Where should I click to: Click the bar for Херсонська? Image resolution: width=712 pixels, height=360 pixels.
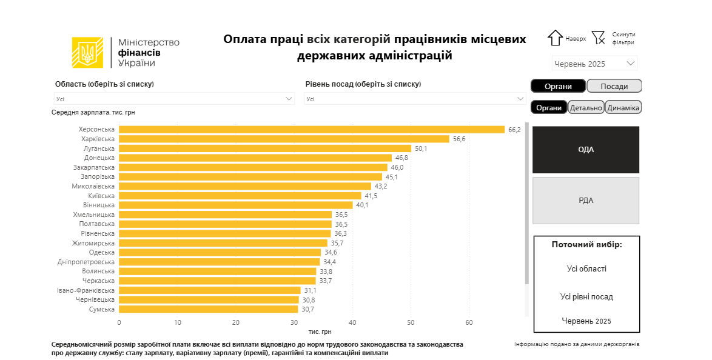click(312, 129)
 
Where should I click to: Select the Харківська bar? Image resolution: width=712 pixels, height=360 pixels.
click(284, 139)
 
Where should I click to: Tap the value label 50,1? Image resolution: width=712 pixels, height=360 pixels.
click(421, 148)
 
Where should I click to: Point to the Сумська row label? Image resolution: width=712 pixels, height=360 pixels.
click(102, 309)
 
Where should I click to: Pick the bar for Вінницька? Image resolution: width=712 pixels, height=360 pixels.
click(235, 205)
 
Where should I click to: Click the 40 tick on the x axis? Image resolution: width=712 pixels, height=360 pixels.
click(352, 322)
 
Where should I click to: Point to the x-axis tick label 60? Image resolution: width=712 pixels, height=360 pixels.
click(469, 322)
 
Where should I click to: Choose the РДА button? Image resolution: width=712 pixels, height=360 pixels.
click(585, 201)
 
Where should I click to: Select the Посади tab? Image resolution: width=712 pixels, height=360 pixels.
click(614, 86)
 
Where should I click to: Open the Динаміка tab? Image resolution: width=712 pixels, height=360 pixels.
click(623, 107)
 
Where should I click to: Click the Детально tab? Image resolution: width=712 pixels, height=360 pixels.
click(586, 107)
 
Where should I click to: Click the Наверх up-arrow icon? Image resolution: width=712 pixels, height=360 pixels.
click(555, 38)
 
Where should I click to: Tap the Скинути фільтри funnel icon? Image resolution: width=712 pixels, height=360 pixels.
click(599, 38)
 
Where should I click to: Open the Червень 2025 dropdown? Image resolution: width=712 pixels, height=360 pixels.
click(631, 63)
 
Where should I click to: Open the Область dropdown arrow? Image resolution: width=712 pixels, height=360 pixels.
click(289, 98)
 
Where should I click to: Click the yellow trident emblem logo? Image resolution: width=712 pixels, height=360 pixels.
click(87, 53)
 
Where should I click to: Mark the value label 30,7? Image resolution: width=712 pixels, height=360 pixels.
click(307, 309)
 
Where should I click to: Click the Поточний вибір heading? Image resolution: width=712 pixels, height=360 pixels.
click(586, 244)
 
